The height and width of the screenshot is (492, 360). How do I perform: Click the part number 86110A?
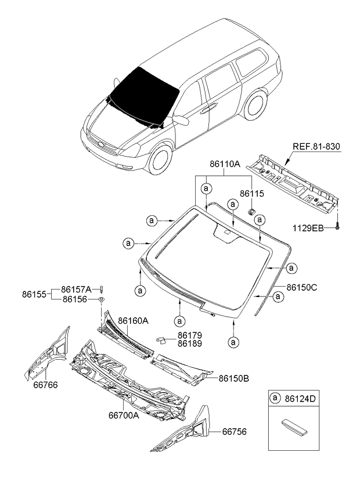click(225, 165)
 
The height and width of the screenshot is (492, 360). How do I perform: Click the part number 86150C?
click(301, 287)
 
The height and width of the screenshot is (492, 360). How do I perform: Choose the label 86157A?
click(77, 288)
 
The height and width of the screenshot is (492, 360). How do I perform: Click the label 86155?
click(36, 294)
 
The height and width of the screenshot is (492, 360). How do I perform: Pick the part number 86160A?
click(134, 320)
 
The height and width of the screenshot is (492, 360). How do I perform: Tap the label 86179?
click(190, 335)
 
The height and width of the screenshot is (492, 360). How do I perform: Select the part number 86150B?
click(234, 378)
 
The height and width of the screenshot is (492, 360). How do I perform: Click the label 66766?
click(45, 385)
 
